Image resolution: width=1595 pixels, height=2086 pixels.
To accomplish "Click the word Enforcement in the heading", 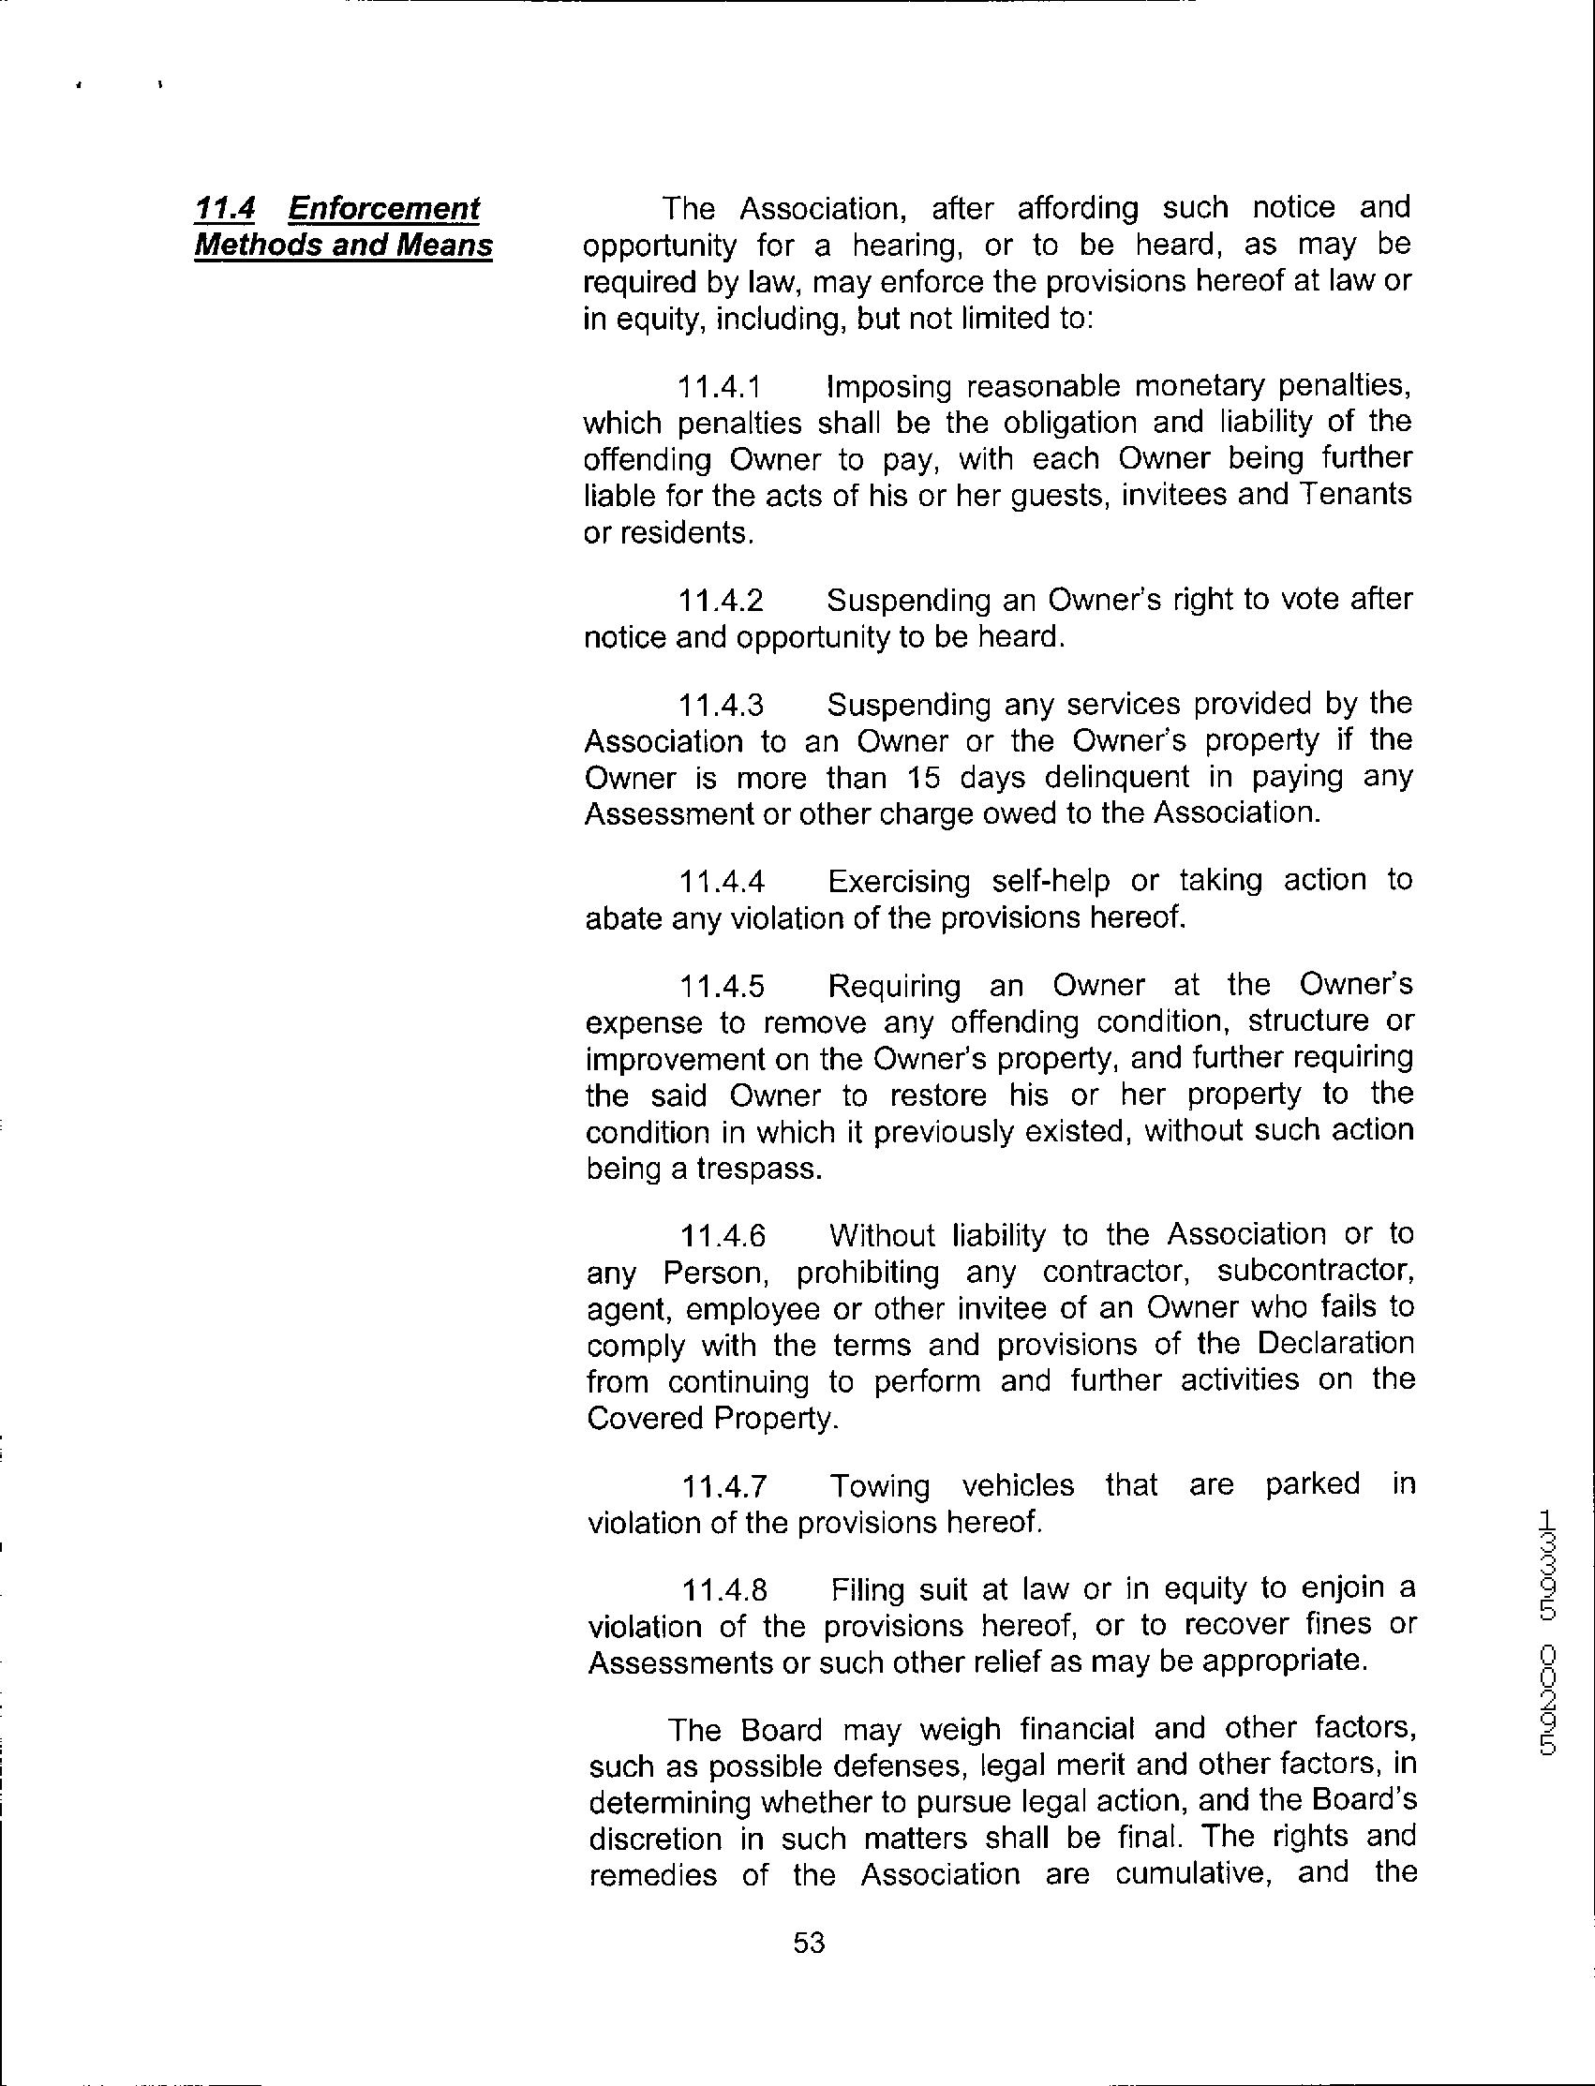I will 384,207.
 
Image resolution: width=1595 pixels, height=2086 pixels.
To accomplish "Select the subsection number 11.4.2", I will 721,601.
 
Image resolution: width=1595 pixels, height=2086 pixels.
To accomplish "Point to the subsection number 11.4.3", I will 721,706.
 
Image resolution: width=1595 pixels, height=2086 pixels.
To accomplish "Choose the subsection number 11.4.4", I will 722,883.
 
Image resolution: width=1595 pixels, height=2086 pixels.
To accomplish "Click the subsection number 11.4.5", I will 722,988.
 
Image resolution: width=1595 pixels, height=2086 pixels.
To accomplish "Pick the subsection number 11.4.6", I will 723,1236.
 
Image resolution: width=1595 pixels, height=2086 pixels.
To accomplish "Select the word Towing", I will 879,1485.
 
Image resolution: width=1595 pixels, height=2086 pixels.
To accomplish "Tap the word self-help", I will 1050,882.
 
